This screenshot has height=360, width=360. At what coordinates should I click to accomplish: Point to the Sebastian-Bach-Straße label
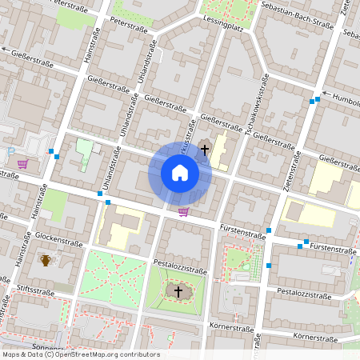tap(296, 15)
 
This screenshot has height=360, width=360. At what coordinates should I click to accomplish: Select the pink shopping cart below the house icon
tap(183, 212)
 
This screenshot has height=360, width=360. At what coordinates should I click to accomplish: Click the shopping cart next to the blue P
tap(22, 164)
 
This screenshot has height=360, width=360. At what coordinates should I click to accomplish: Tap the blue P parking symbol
tap(10, 150)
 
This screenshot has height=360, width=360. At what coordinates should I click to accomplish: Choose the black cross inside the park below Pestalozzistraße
tap(178, 291)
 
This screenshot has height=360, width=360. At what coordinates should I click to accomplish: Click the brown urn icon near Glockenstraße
tap(46, 260)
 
